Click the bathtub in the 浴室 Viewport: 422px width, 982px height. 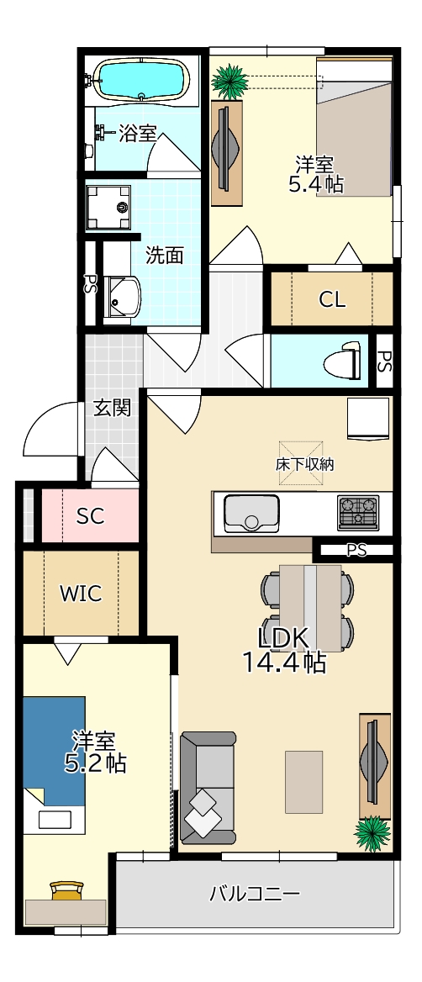pos(141,80)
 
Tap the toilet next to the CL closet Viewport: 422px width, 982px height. pos(342,361)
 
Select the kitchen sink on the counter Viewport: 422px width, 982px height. pos(251,513)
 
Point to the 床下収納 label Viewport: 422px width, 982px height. pos(303,465)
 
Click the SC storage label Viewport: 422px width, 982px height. pos(90,516)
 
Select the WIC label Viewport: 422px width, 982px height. pos(81,593)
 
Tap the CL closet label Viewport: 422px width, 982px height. pos(332,299)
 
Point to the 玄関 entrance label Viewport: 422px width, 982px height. pos(113,408)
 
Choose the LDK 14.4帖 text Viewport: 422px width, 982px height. pos(283,649)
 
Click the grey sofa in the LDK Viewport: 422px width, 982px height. pos(208,787)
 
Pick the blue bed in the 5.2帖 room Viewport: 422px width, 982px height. pos(54,752)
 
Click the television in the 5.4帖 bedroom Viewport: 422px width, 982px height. pos(226,147)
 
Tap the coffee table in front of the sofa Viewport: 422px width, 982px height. pos(304,782)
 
